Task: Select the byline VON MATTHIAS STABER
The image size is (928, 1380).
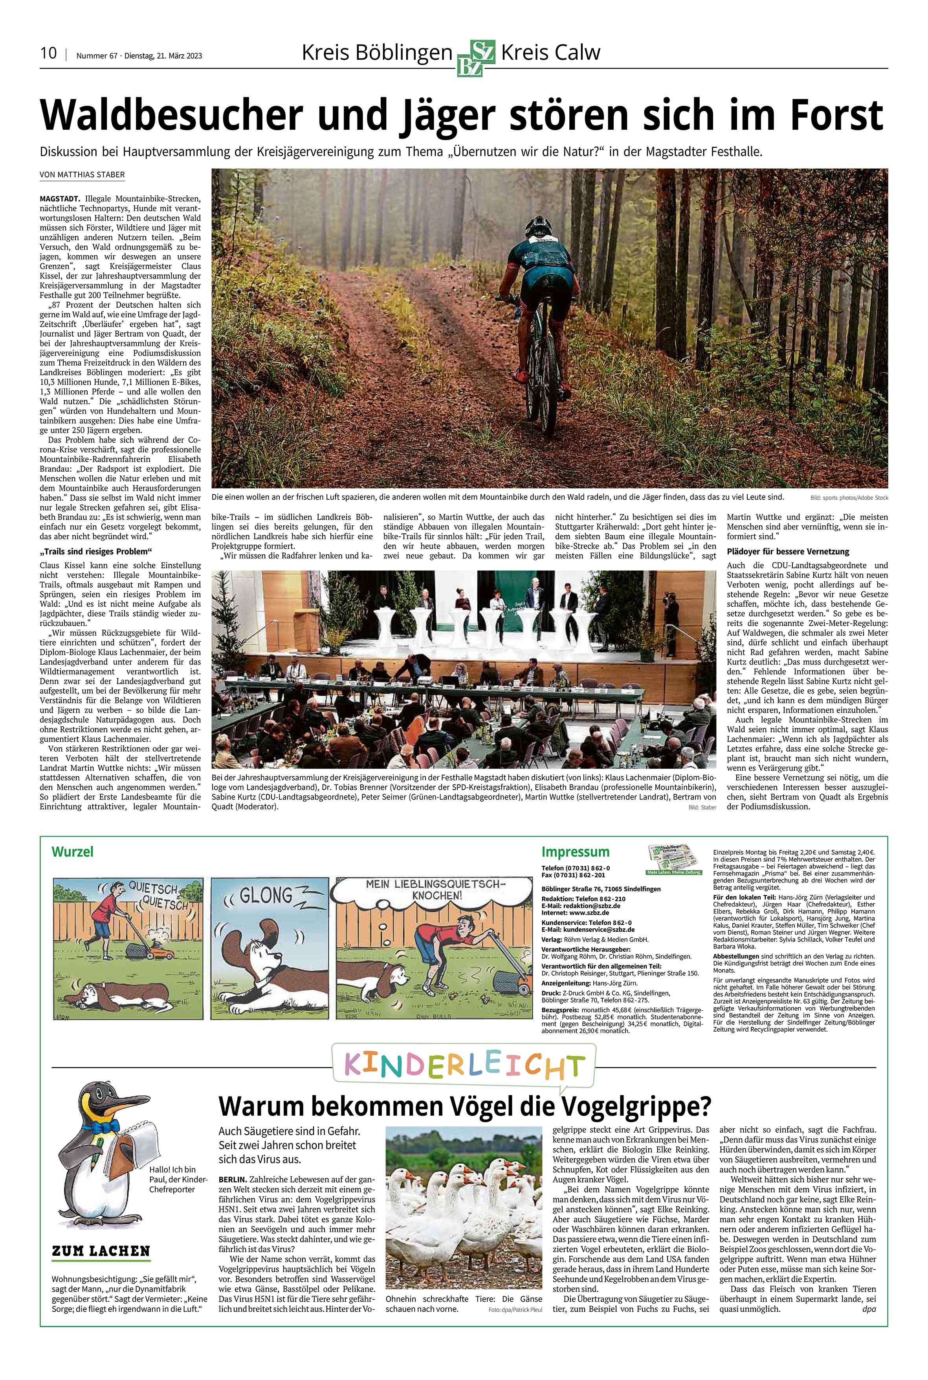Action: [82, 175]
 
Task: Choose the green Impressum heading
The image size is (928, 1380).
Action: [575, 852]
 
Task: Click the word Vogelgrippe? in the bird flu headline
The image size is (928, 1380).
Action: [636, 1105]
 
